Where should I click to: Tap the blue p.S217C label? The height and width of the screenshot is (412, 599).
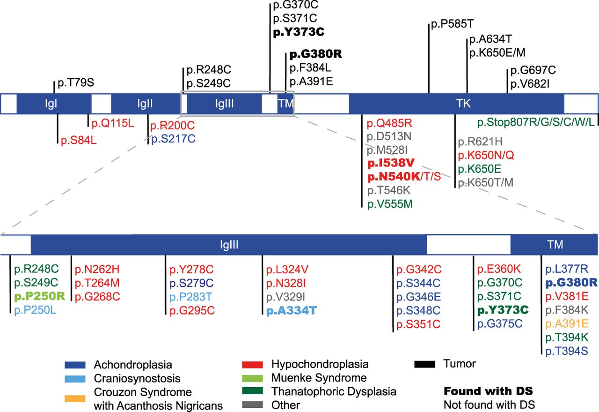click(x=173, y=139)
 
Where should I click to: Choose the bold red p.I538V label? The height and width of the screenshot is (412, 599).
click(x=391, y=164)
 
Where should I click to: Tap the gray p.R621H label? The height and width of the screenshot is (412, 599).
click(x=480, y=142)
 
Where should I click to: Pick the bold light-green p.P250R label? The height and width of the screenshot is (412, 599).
click(x=40, y=296)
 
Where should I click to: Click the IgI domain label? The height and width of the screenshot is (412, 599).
click(x=52, y=103)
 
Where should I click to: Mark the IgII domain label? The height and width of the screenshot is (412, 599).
click(x=145, y=103)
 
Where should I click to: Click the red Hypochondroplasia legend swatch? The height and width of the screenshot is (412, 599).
click(x=253, y=364)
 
